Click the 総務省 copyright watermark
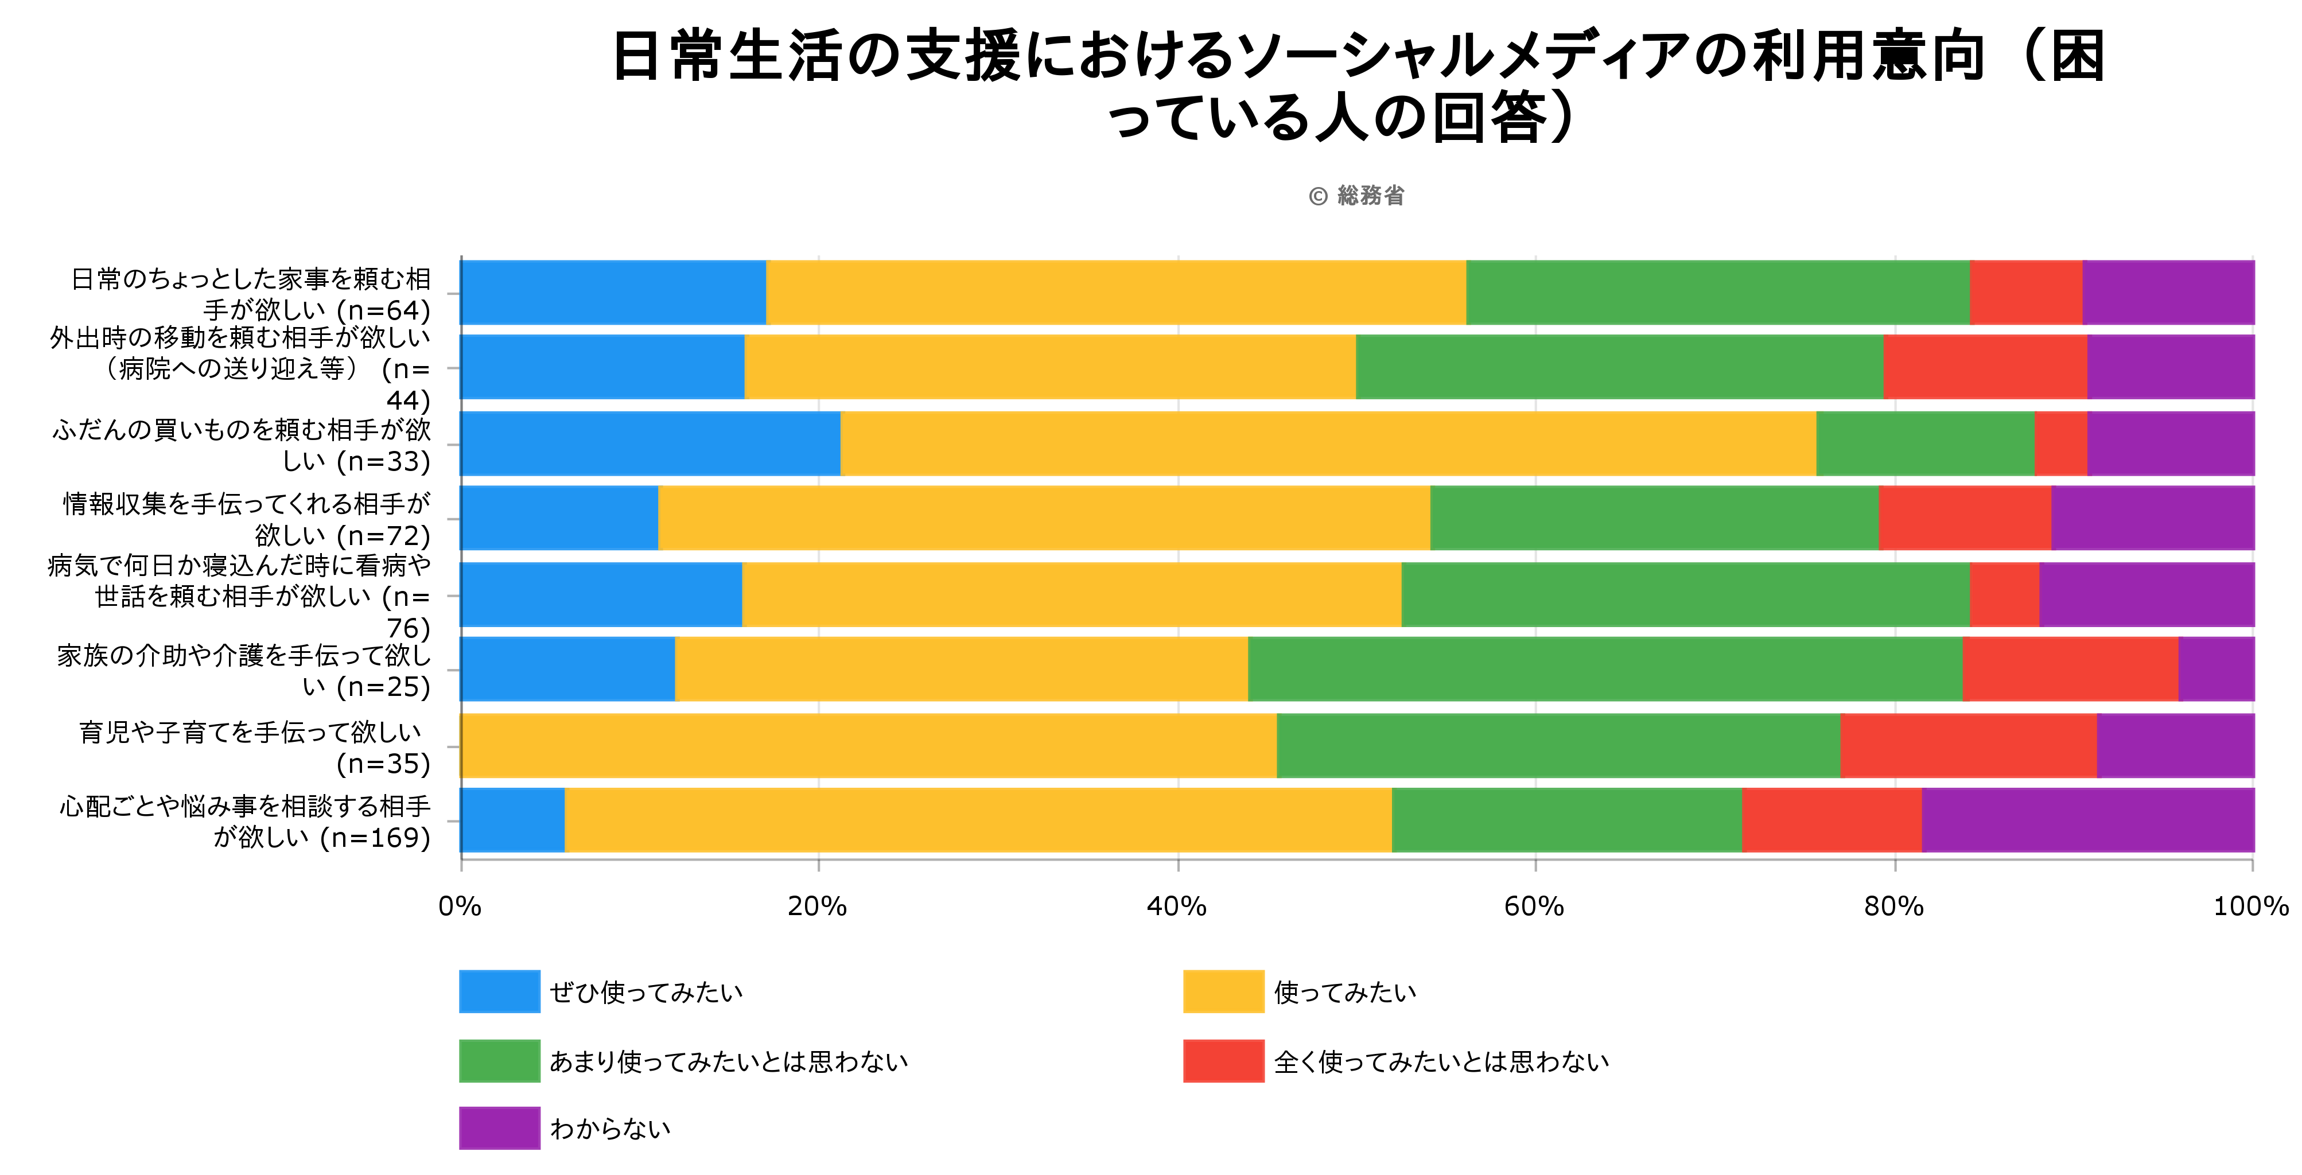1356,196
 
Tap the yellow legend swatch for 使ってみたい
1223,992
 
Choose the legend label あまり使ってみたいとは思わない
728,1061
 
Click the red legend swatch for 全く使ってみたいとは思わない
1223,1061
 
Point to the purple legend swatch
499,1129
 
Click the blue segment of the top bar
613,292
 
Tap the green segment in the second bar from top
1619,367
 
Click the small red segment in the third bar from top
2060,443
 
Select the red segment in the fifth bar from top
2004,594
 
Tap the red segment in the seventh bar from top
1968,745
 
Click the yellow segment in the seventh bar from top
869,745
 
